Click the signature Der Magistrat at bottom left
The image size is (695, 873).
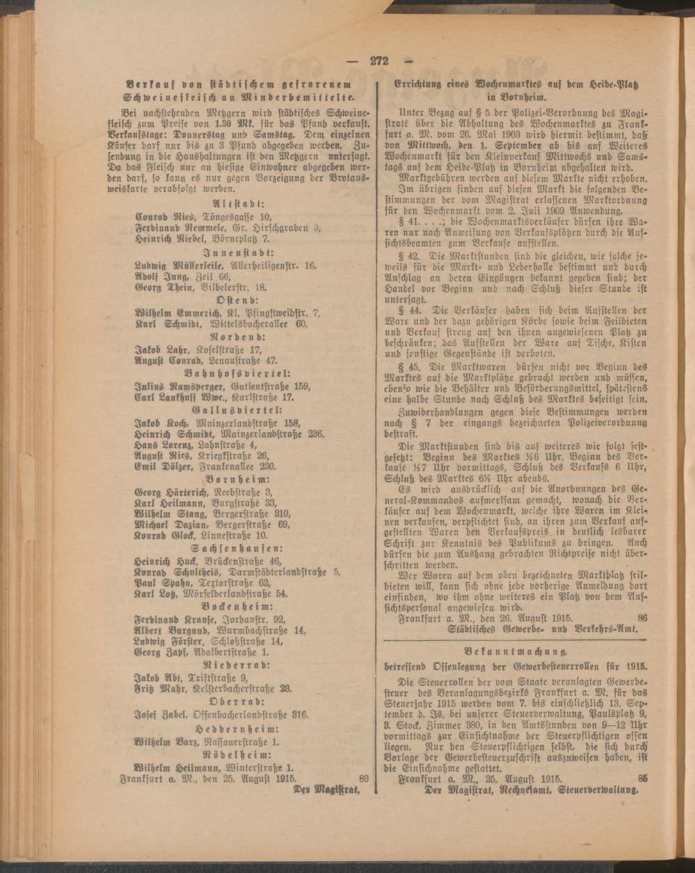327,790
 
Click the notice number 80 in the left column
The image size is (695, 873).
362,778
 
